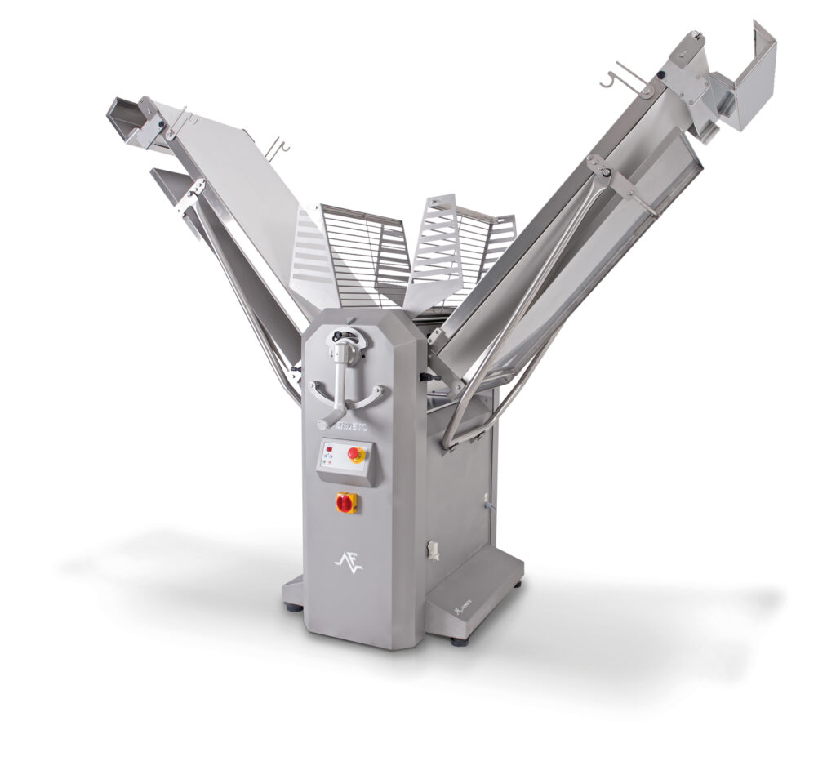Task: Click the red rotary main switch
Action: point(346,503)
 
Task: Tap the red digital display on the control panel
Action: point(330,449)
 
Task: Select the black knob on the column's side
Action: point(424,376)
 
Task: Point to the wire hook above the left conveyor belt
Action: point(278,148)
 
